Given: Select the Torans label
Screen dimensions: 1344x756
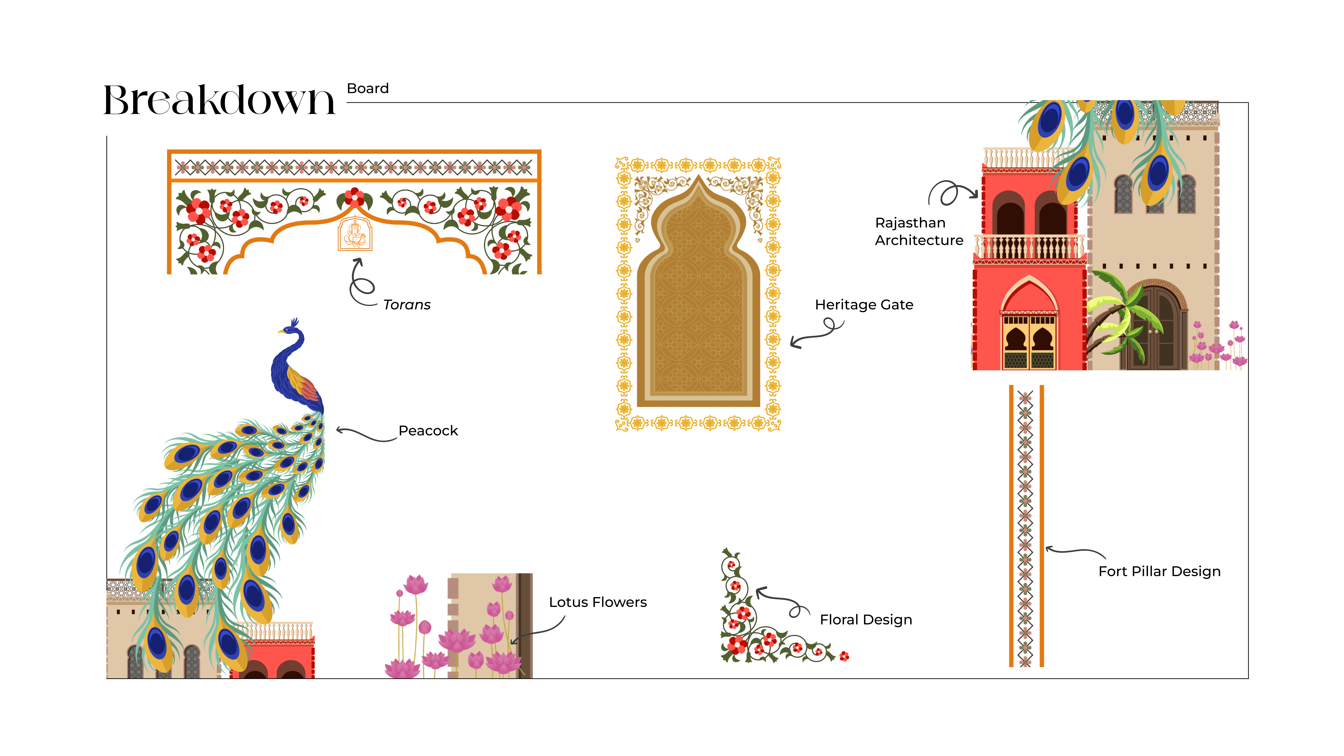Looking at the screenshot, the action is click(407, 305).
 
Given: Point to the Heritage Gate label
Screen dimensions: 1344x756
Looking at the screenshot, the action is click(864, 305).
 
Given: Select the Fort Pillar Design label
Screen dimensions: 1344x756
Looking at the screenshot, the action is click(1159, 571).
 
